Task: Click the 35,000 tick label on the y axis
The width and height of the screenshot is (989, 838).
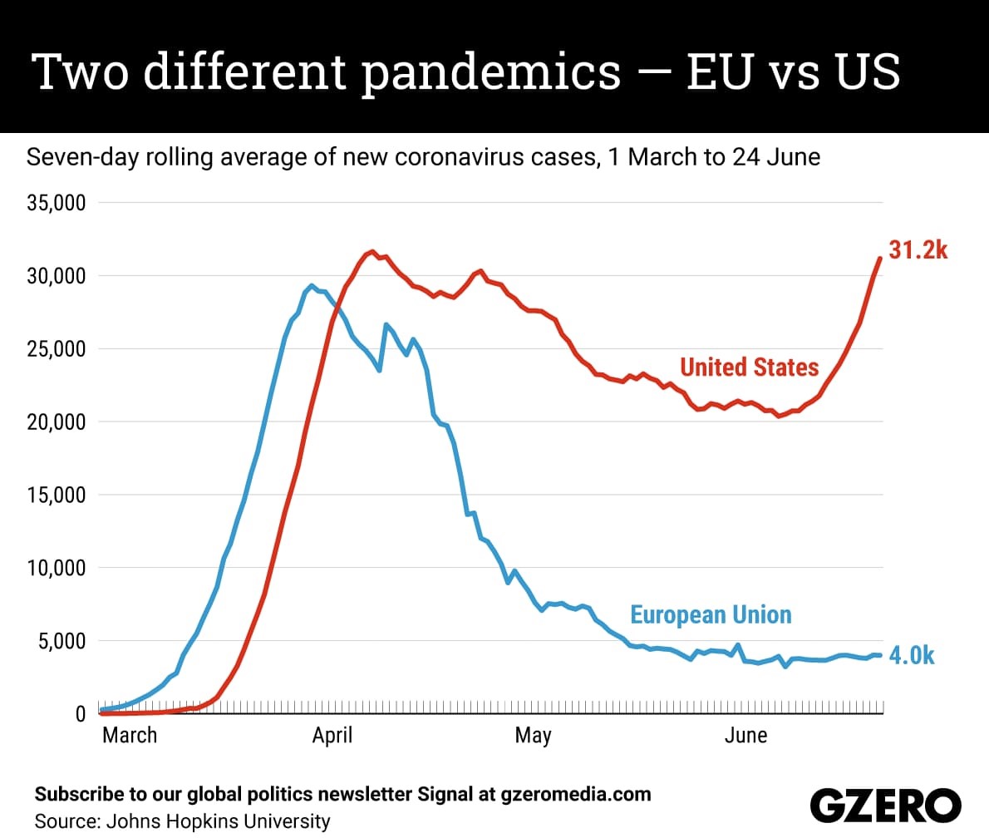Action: click(x=57, y=203)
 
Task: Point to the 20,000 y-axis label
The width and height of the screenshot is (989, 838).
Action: click(x=57, y=421)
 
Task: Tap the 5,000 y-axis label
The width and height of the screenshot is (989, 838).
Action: click(x=62, y=641)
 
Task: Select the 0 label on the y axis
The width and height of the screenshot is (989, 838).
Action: click(x=80, y=713)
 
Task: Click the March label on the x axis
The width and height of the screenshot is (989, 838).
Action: click(x=130, y=735)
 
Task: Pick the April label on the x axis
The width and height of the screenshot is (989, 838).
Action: click(x=332, y=736)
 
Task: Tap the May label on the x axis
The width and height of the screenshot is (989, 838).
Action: click(x=534, y=736)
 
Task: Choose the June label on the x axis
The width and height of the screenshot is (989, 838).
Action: click(x=746, y=735)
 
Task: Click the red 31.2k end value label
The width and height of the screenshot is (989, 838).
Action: click(x=918, y=250)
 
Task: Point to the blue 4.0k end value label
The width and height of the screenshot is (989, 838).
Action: click(x=912, y=656)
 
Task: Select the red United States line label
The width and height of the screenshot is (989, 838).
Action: click(x=750, y=367)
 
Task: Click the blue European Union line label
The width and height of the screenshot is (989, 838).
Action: click(x=711, y=614)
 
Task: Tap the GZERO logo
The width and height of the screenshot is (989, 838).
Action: click(x=886, y=806)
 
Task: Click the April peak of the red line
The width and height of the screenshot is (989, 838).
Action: click(x=373, y=251)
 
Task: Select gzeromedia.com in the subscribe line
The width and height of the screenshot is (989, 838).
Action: click(x=576, y=794)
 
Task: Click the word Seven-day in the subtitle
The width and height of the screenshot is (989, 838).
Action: click(x=82, y=157)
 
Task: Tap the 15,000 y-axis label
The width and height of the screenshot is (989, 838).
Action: click(x=57, y=495)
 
